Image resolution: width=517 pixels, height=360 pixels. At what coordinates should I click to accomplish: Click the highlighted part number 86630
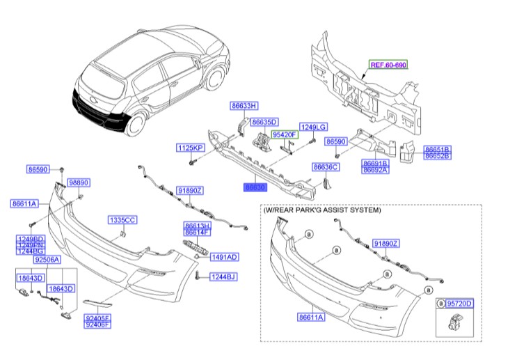(x=255, y=188)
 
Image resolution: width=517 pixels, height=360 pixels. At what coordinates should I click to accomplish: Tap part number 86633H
(x=244, y=106)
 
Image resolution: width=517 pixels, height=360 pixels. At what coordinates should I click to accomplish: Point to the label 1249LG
(x=312, y=127)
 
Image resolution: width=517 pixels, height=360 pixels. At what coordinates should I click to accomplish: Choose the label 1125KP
(x=189, y=149)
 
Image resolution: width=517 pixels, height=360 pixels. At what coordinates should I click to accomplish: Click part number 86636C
(x=326, y=167)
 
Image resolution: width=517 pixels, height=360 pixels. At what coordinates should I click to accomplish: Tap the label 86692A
(x=375, y=169)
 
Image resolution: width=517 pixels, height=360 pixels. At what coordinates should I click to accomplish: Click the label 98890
(x=79, y=182)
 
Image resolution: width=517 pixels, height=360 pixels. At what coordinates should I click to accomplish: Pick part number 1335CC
(x=122, y=220)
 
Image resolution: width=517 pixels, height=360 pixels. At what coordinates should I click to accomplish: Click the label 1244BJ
(x=223, y=277)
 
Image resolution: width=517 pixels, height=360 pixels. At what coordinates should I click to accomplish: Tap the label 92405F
(x=97, y=318)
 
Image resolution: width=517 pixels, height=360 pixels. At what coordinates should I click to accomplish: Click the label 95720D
(x=459, y=304)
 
